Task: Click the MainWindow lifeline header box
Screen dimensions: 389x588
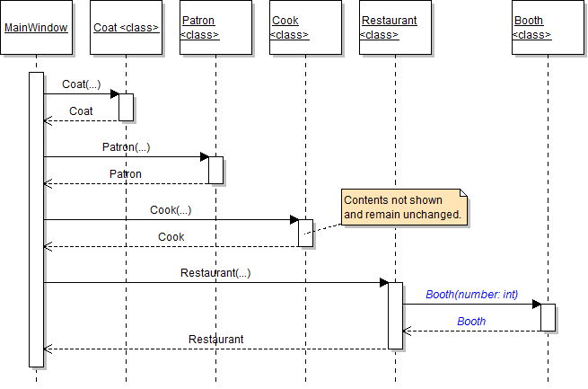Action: point(36,28)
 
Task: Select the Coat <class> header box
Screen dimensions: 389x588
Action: point(126,28)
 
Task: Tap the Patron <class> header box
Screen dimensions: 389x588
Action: point(215,28)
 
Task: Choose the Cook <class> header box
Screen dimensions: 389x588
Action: point(305,28)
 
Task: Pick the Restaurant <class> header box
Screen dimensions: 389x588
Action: point(395,28)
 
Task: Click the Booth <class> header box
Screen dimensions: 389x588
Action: point(548,28)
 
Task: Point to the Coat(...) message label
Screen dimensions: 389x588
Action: point(81,84)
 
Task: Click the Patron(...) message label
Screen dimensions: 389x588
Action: point(126,146)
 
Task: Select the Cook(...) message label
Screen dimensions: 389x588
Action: point(171,210)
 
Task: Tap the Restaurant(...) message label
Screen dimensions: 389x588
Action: point(215,272)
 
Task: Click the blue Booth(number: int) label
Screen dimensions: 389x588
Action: point(471,294)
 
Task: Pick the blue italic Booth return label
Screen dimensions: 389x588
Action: point(471,321)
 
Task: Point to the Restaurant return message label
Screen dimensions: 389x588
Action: point(215,340)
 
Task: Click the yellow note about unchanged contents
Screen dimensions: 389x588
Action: point(404,208)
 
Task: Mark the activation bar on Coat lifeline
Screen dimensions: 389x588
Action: point(126,107)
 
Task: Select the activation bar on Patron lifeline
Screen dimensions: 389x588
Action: point(215,170)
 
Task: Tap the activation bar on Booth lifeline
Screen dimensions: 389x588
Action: point(548,317)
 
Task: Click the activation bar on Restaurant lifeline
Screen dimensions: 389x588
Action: point(395,315)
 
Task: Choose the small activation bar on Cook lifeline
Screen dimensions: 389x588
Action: point(305,233)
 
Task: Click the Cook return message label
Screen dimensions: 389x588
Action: point(171,237)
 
